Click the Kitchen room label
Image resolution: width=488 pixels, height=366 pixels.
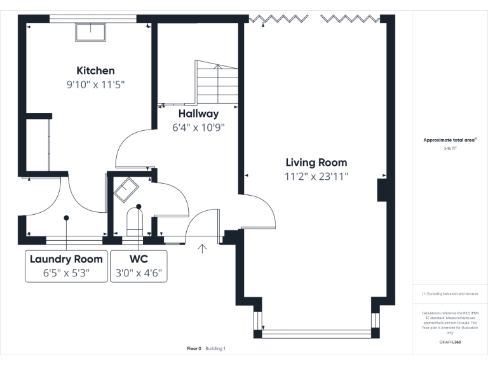[95, 71]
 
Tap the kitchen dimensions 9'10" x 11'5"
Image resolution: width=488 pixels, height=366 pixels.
[95, 84]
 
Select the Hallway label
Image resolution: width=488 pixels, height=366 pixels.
[198, 114]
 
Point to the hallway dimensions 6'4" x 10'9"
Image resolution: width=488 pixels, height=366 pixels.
[198, 127]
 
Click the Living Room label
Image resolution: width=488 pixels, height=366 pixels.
[316, 163]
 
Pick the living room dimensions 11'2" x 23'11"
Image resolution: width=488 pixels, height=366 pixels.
[316, 176]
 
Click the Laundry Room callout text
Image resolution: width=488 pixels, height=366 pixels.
[66, 259]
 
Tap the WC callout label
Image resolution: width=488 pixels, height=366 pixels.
[139, 259]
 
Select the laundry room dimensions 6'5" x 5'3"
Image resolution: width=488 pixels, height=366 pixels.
[66, 273]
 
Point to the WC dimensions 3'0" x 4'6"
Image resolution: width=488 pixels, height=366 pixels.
[139, 273]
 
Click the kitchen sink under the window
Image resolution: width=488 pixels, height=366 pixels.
[91, 32]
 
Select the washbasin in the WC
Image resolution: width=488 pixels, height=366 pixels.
[125, 189]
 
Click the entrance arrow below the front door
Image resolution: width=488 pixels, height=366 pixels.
[203, 248]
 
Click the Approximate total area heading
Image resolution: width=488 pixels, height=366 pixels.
[449, 140]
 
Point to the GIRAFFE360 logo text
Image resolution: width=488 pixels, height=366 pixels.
[450, 342]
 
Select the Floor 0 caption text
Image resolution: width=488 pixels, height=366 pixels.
[194, 348]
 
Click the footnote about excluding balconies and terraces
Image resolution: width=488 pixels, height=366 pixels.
[450, 294]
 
